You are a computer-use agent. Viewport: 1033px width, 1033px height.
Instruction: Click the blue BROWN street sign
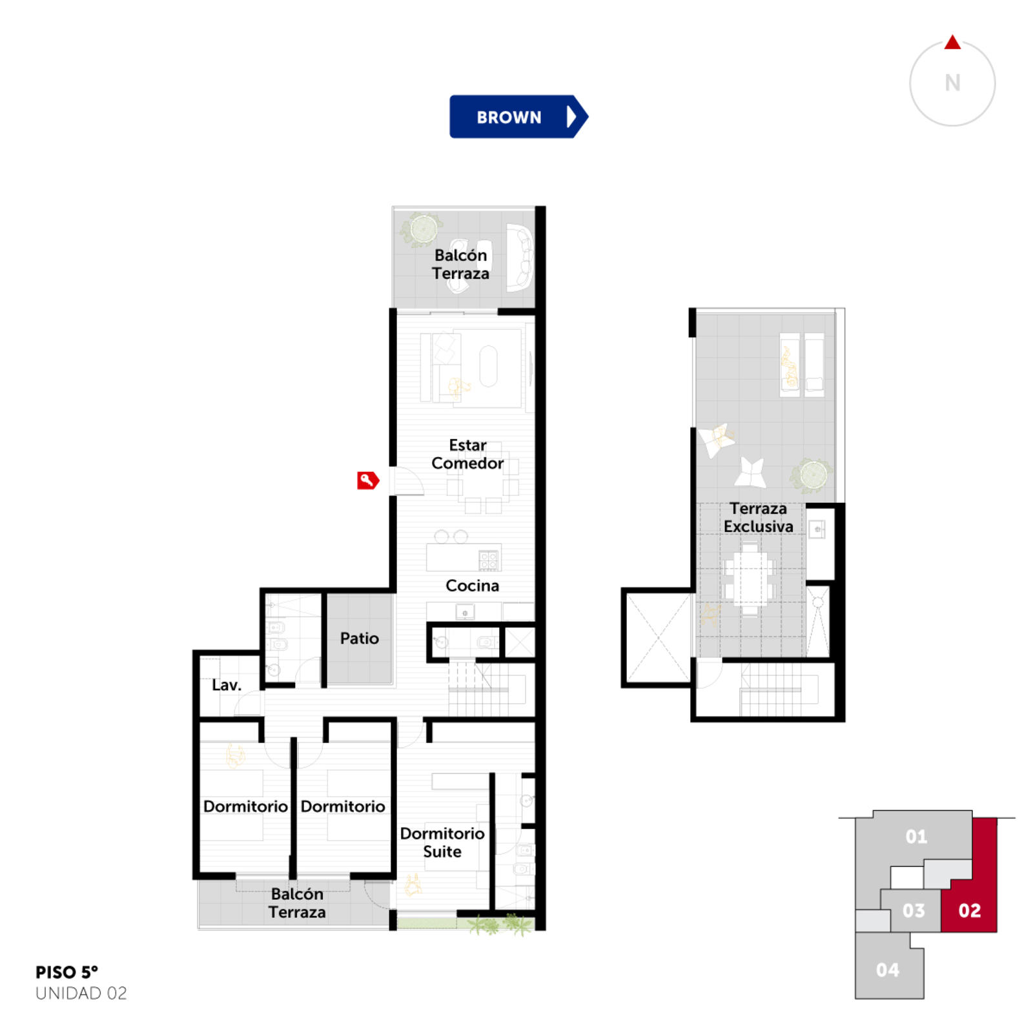tap(518, 117)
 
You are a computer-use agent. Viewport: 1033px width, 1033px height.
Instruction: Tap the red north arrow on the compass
tap(952, 43)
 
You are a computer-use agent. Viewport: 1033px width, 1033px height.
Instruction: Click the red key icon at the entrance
tap(368, 480)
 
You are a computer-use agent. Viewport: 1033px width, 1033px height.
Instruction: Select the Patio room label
tap(360, 639)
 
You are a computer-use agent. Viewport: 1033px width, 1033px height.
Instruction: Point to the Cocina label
tap(472, 586)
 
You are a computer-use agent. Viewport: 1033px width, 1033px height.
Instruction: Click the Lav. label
tap(226, 685)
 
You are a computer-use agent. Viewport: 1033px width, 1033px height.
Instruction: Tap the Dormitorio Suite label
tap(442, 843)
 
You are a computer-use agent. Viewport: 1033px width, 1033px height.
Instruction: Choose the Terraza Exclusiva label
tap(759, 518)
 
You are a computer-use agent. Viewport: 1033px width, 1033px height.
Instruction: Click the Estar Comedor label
tap(467, 454)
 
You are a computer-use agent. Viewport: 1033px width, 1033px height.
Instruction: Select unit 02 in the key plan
tap(969, 910)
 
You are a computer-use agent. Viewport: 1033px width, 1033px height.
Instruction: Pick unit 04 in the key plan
tap(888, 970)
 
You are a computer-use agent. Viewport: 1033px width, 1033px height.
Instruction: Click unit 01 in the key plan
tap(916, 837)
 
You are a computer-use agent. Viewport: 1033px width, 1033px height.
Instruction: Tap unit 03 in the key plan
tap(913, 910)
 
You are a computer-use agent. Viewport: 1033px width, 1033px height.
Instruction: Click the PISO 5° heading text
tap(66, 972)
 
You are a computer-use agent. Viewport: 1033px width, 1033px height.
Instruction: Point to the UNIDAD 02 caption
tap(81, 993)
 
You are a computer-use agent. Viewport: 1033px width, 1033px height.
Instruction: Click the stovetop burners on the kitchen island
tap(488, 560)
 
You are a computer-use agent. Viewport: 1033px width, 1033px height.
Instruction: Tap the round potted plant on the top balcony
tap(422, 229)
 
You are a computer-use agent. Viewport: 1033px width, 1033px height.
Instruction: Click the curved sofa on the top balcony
tap(520, 258)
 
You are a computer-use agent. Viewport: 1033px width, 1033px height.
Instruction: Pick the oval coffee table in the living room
tap(489, 366)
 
